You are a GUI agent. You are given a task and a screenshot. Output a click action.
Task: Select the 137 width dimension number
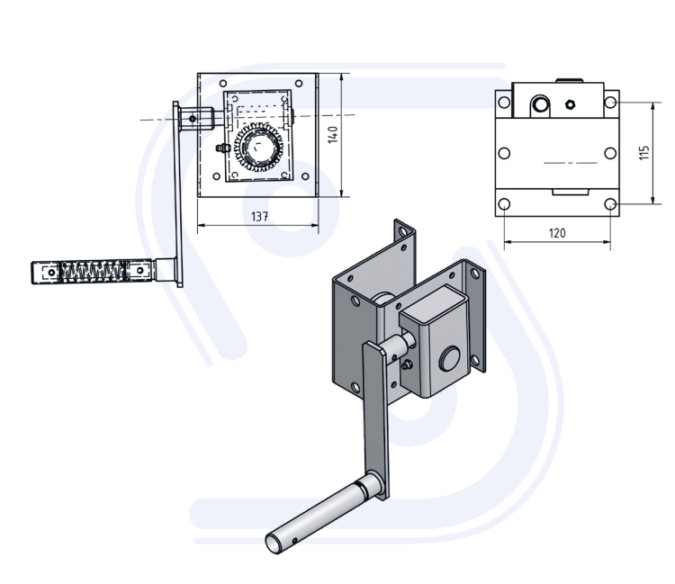[x=260, y=216]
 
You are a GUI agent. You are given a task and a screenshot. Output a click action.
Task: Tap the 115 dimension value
[x=643, y=153]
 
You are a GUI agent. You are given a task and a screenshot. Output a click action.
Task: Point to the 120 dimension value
[x=557, y=233]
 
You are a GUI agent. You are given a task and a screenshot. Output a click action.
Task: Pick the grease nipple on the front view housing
[x=219, y=146]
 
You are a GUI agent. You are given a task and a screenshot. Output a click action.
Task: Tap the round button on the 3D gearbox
[x=448, y=362]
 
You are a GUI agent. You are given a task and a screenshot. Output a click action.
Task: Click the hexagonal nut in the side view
[x=570, y=103]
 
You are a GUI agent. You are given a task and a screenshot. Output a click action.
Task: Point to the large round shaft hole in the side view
[x=540, y=105]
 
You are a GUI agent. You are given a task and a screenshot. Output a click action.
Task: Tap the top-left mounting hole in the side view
[x=504, y=103]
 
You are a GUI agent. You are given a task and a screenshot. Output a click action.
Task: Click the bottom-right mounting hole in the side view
[x=611, y=204]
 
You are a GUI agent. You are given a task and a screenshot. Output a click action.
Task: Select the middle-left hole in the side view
[x=505, y=152]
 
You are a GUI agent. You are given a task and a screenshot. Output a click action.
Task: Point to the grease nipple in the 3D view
[x=409, y=364]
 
